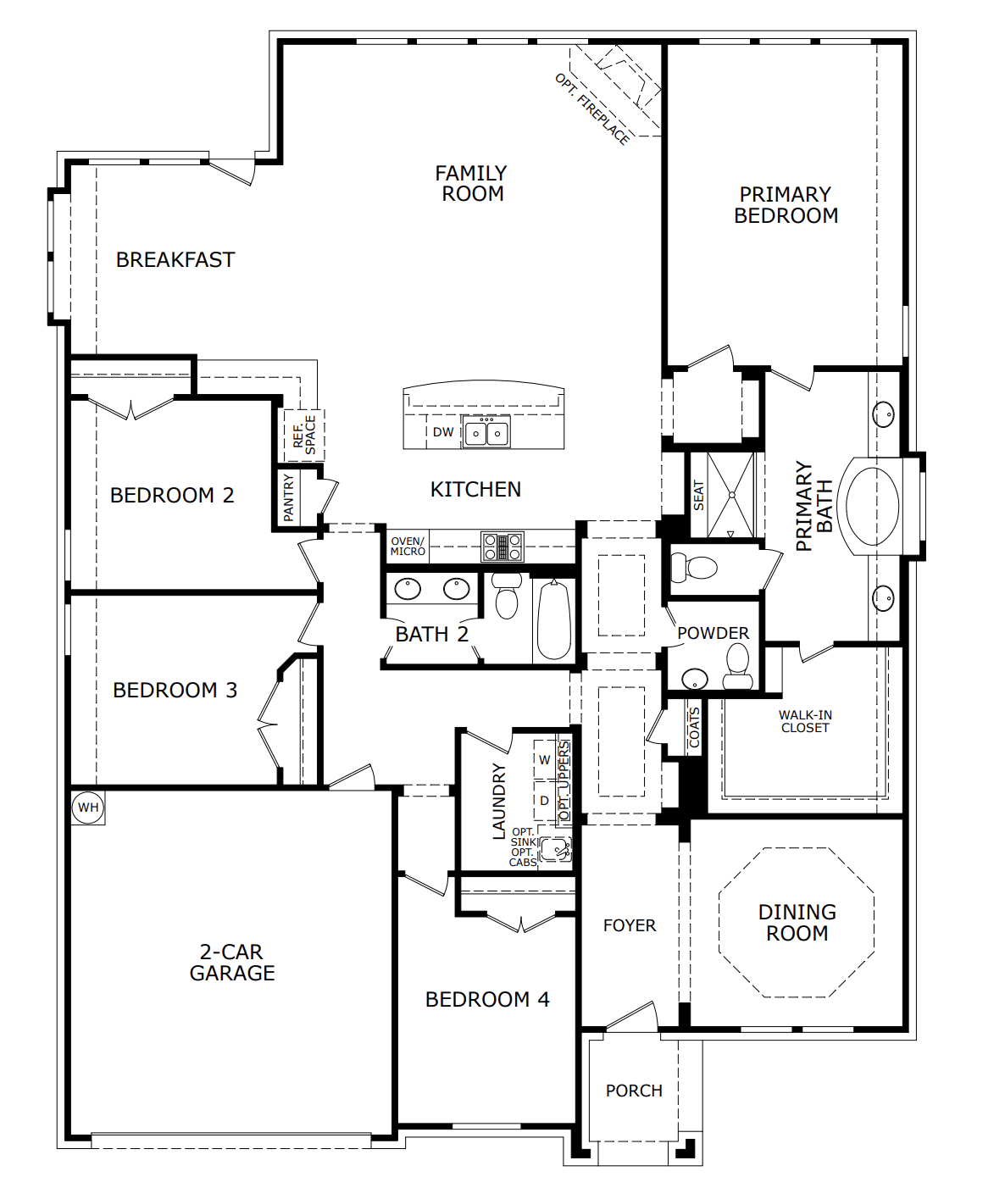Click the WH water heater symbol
pos(88,808)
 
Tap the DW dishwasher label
pos(443,432)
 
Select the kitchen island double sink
pos(486,433)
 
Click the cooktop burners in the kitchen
pos(502,547)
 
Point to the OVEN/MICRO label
pos(408,547)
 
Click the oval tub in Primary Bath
pos(872,506)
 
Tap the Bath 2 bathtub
pos(554,619)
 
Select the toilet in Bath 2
pos(507,597)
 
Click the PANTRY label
pos(289,497)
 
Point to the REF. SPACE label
pos(304,434)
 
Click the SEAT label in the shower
pos(698,496)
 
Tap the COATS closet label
pos(695,728)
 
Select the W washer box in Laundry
pos(544,760)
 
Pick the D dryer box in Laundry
pos(544,801)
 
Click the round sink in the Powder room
pos(695,679)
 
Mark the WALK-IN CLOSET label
pos(805,721)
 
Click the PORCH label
pos(634,1091)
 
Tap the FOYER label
pos(630,926)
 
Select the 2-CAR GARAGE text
pos(232,963)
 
